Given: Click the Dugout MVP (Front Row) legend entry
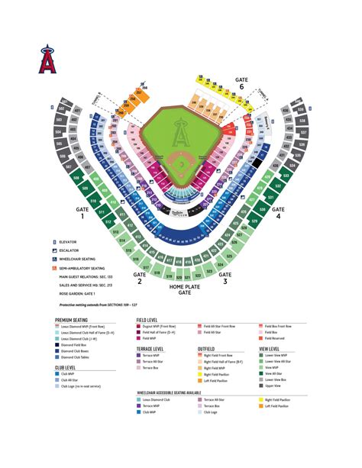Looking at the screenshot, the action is pos(163,327).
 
